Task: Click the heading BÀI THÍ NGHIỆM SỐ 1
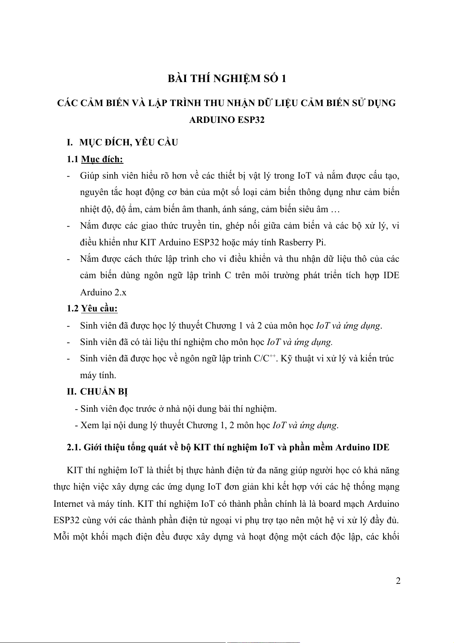227,79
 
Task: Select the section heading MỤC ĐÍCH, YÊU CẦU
128,142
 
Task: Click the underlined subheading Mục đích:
102,159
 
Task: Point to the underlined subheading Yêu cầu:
99,308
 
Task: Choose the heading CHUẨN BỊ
104,392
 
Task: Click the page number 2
398,581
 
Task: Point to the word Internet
68,504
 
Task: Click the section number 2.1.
74,447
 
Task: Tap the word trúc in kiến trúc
385,358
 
